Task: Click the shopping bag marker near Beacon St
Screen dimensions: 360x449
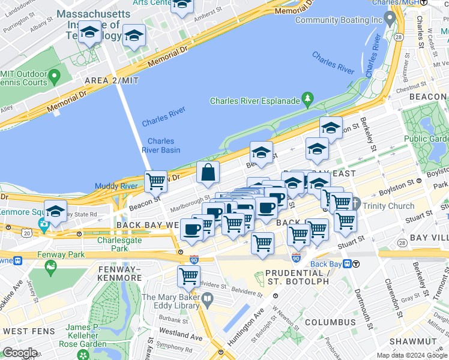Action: click(x=207, y=173)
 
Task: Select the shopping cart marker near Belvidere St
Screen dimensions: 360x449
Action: click(x=188, y=277)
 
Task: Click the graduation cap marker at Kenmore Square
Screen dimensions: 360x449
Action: click(x=55, y=212)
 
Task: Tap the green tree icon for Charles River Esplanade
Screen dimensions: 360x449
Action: click(x=308, y=99)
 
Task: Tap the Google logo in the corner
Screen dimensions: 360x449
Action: click(x=20, y=353)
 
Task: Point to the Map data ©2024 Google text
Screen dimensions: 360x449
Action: click(x=412, y=355)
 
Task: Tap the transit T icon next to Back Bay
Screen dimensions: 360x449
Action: click(x=356, y=264)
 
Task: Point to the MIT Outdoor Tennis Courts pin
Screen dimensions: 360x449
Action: click(x=55, y=77)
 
